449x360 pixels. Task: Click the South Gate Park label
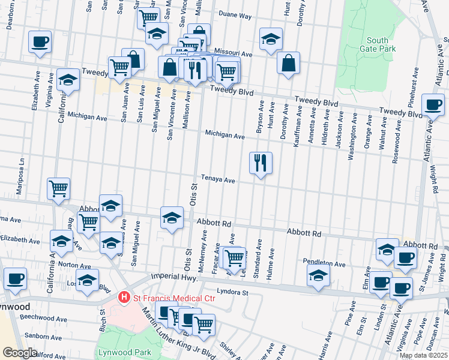378,44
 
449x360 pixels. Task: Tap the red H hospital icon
124,297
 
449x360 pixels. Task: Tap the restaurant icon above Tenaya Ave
261,163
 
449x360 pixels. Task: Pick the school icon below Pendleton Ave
318,275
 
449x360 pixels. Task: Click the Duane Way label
235,16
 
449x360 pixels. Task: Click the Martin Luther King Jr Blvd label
170,332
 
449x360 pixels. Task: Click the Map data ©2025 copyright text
423,355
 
